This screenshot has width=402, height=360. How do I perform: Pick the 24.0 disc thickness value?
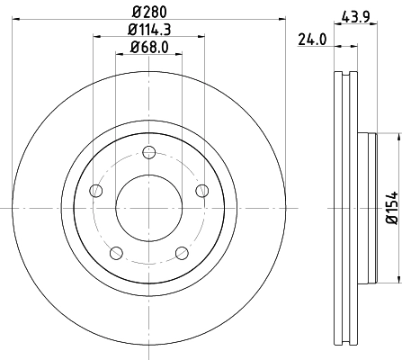310,39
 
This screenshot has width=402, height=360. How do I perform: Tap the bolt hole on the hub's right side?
201,190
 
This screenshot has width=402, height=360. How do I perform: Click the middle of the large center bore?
148,206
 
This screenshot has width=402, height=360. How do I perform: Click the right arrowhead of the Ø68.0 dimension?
177,56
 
